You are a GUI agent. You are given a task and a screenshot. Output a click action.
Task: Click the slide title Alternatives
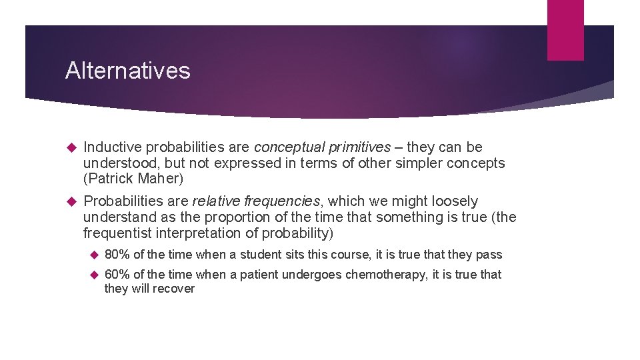127,71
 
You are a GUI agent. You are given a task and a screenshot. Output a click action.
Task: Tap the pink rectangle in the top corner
565,30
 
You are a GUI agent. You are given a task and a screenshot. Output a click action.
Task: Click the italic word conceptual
287,147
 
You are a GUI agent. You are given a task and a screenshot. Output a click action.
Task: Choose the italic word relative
215,201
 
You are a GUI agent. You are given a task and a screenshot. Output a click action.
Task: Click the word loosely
455,201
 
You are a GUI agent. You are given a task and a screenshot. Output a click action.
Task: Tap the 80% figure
117,254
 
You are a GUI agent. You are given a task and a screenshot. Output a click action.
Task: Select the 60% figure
117,274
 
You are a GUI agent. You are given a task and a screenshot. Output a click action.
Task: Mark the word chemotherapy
385,274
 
